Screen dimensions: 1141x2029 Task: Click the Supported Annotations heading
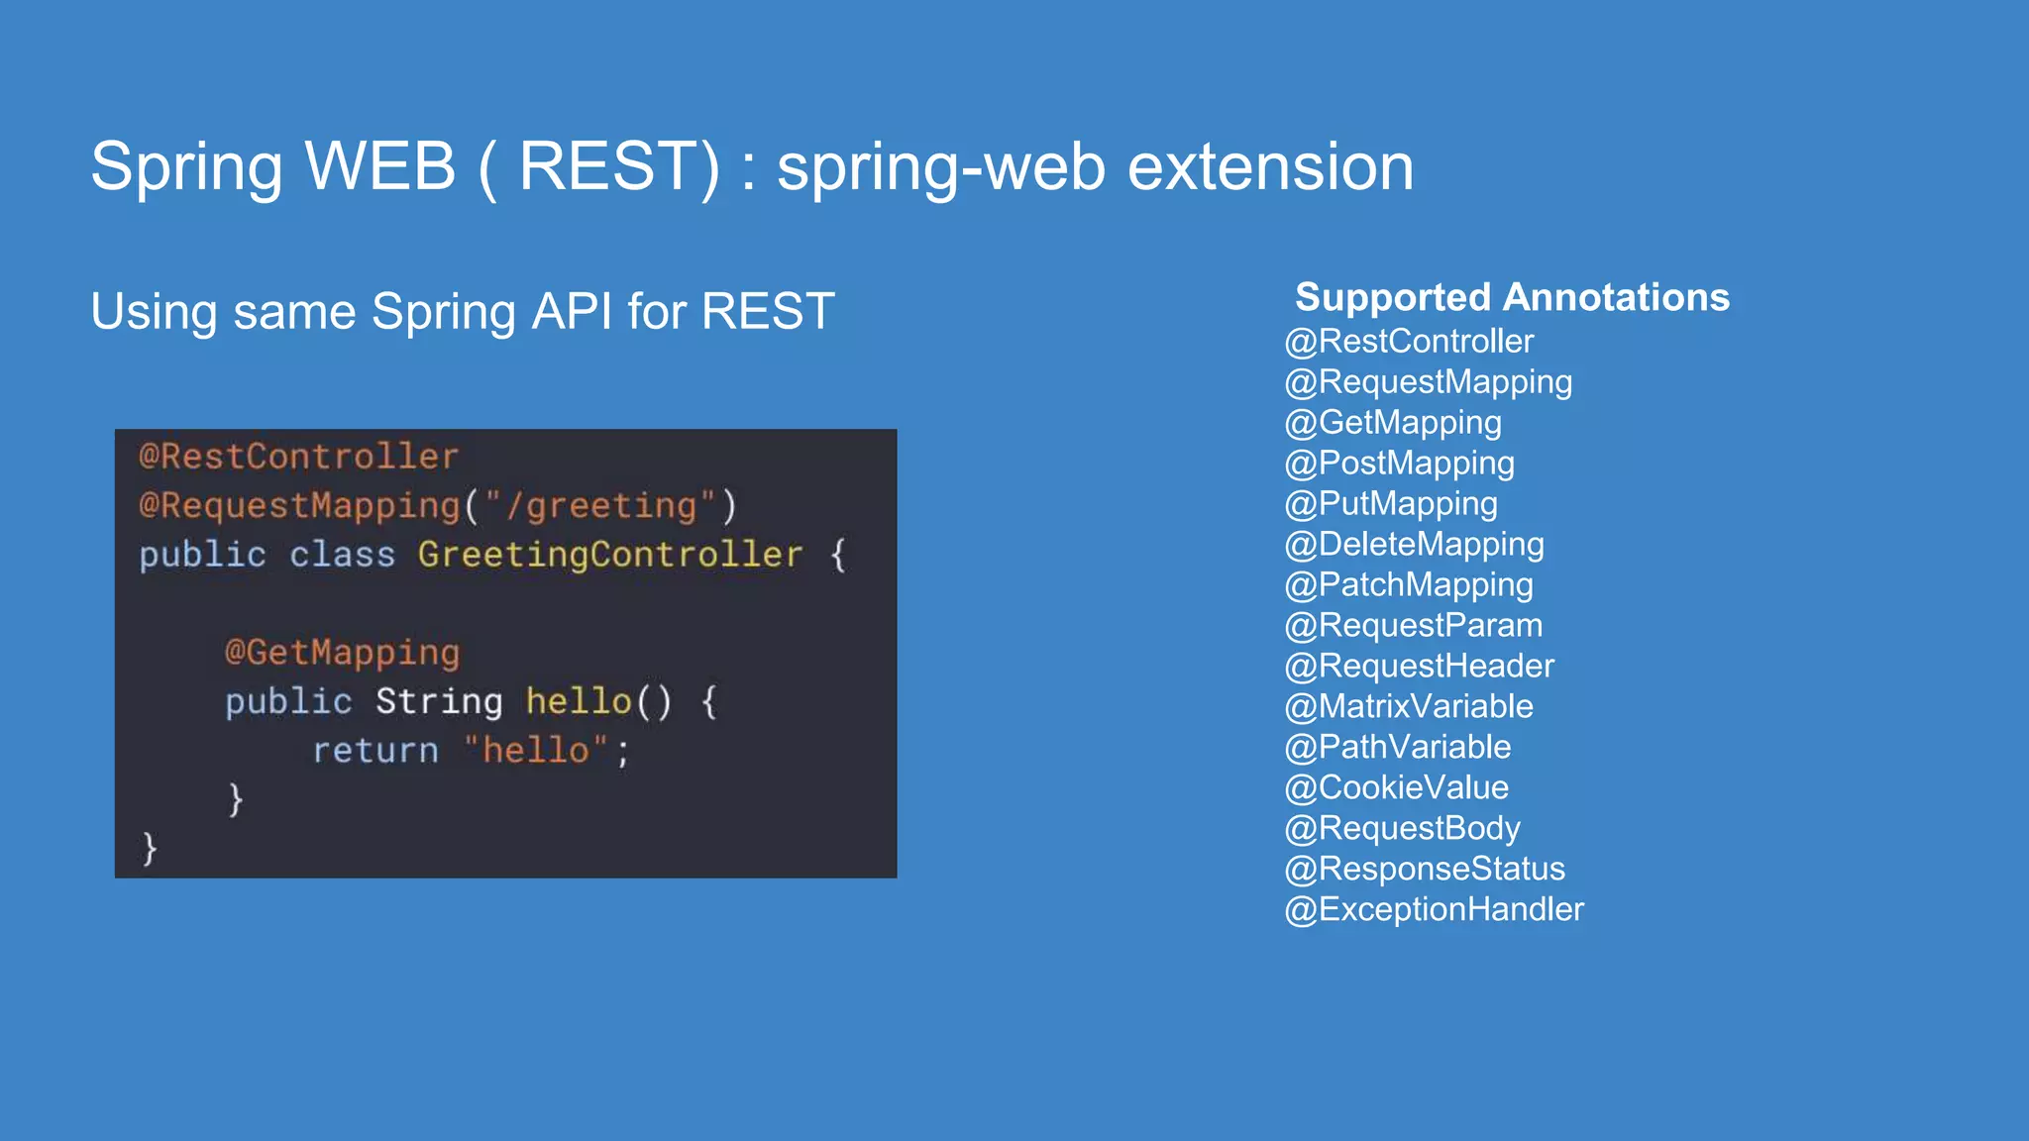pos(1512,297)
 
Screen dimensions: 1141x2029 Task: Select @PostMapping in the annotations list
pos(1399,463)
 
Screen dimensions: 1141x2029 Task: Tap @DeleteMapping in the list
pos(1414,544)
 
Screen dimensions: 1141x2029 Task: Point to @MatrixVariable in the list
pos(1408,706)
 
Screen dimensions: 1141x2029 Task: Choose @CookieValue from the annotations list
pos(1396,787)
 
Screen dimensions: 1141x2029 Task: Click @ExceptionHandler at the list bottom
pos(1434,909)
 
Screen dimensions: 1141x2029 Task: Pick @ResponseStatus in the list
pos(1425,869)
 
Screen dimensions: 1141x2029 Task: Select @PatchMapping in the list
pos(1408,584)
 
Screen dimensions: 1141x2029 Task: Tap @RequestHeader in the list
pos(1419,666)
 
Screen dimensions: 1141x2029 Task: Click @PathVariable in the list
pos(1397,747)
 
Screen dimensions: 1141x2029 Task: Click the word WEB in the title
pos(380,165)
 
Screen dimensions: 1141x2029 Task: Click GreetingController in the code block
pos(609,555)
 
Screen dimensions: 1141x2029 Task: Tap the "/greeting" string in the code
pos(600,506)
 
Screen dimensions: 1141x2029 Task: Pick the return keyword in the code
pos(375,751)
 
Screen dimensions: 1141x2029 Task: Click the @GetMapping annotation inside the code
pos(342,653)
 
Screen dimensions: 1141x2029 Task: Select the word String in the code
pos(439,701)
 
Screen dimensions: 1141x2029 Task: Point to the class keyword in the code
pos(342,555)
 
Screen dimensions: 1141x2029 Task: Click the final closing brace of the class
pos(150,848)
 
